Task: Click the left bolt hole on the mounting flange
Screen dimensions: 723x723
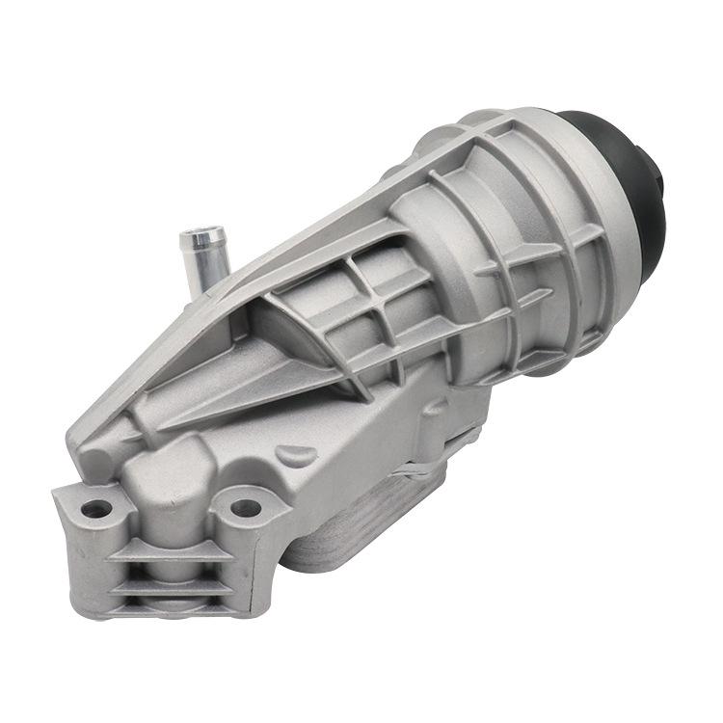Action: pyautogui.click(x=94, y=507)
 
